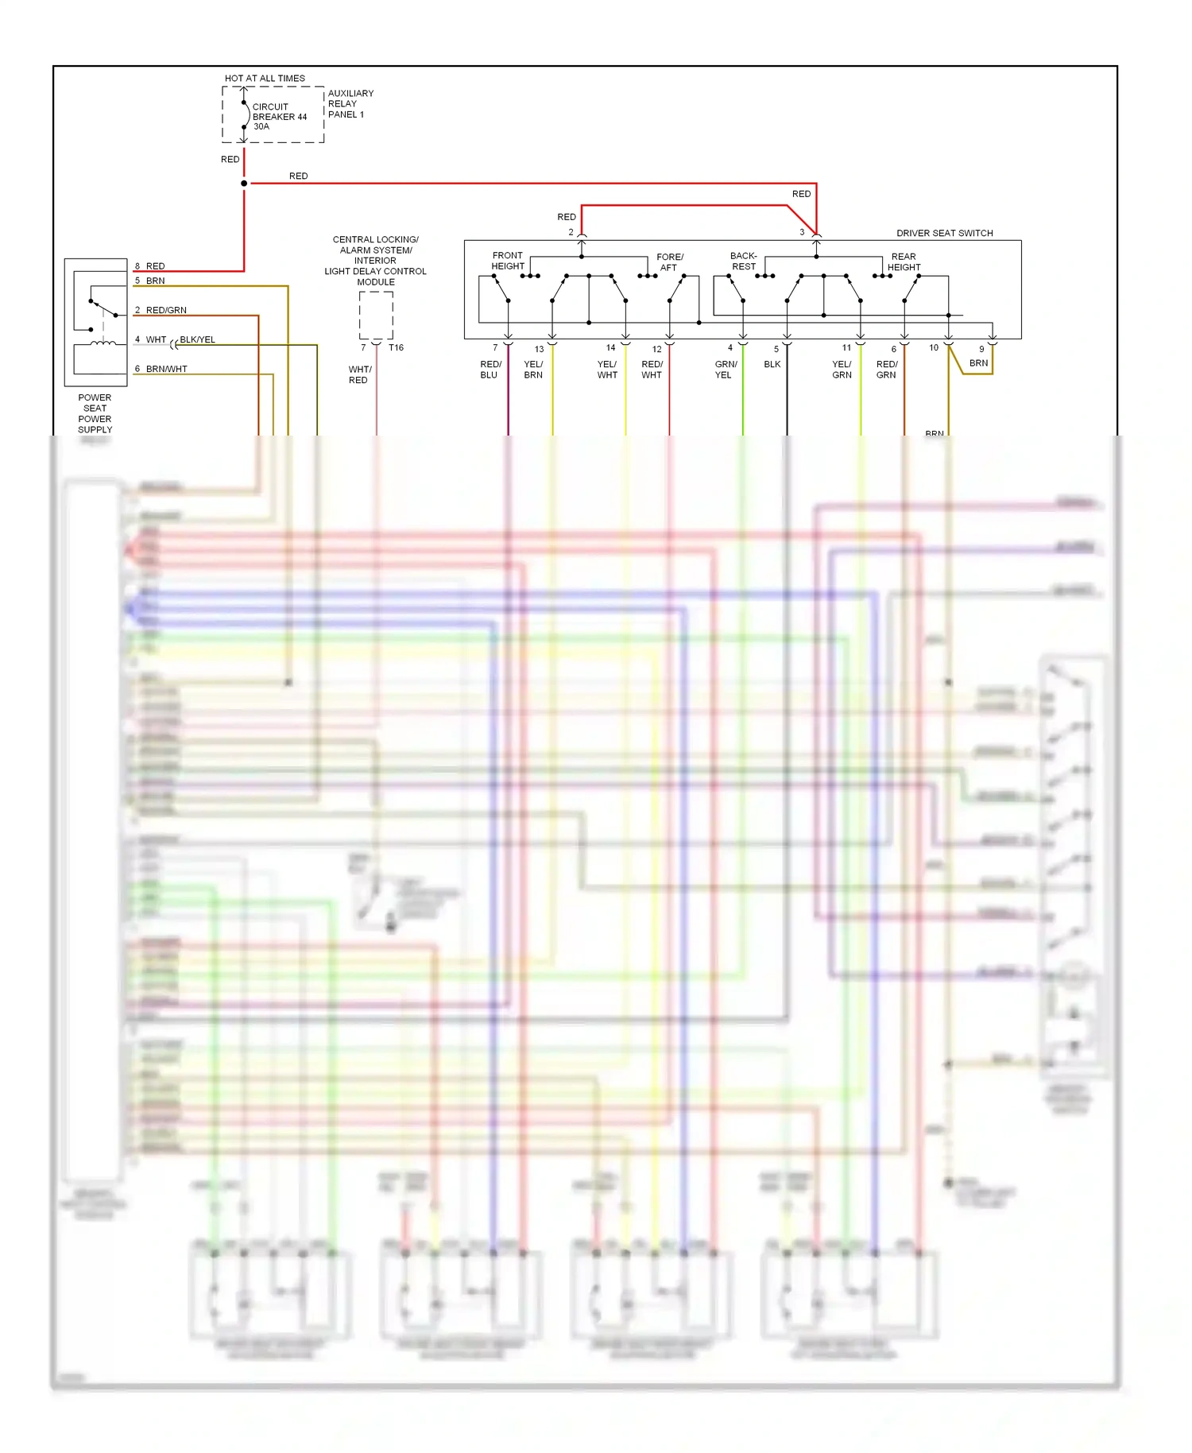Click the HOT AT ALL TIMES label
(265, 78)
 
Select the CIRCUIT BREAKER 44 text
(279, 116)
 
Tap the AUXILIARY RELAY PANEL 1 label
(350, 103)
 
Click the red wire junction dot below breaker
(244, 184)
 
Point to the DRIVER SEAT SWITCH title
(944, 233)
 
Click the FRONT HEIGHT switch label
(507, 261)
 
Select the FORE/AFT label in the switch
(669, 262)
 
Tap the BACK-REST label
(743, 262)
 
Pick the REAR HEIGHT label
(904, 262)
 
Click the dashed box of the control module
(376, 315)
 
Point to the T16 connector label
(396, 347)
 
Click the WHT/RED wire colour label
(359, 374)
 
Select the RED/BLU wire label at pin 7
(490, 370)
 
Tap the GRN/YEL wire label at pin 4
(725, 370)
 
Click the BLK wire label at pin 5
(772, 365)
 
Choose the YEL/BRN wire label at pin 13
(533, 370)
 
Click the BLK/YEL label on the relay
(197, 339)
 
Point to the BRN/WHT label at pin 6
(166, 369)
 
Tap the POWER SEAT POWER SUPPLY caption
(95, 413)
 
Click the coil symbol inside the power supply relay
(103, 343)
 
